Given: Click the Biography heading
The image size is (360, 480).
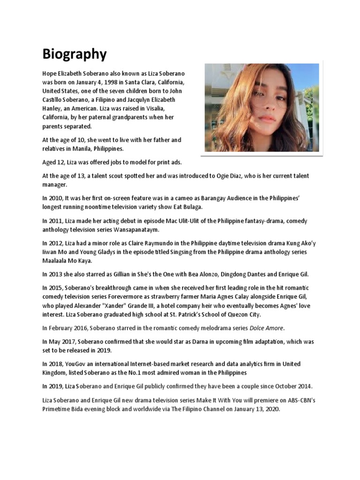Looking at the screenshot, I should tap(75, 54).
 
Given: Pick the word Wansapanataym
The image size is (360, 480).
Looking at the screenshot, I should tap(133, 229).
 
